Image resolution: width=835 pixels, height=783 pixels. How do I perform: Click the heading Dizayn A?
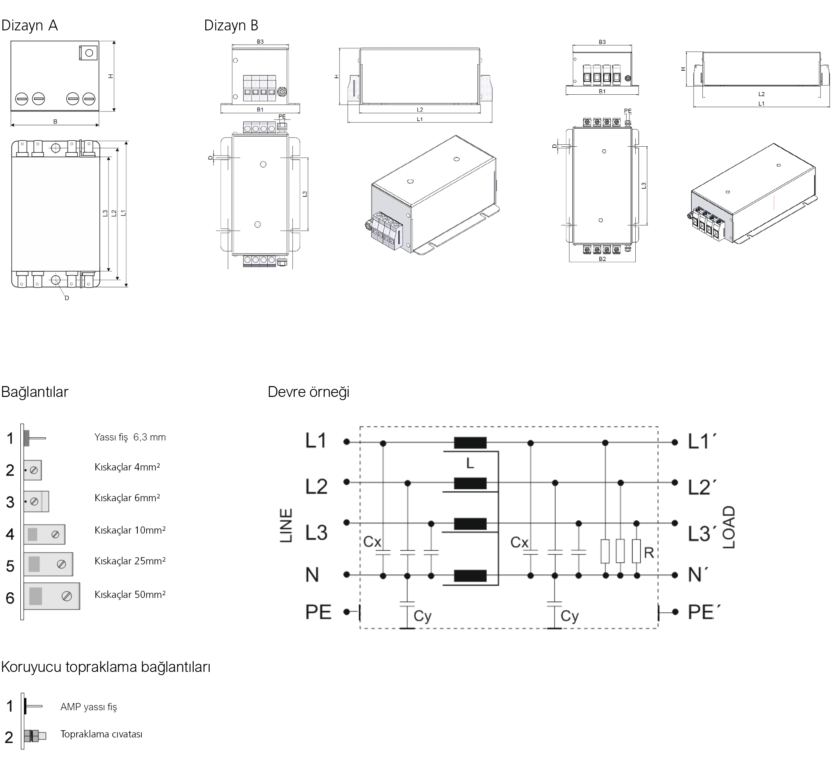30,26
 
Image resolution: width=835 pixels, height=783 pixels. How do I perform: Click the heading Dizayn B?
231,26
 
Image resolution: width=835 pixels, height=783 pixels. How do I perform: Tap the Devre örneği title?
308,392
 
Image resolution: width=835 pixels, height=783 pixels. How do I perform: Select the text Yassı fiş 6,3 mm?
130,437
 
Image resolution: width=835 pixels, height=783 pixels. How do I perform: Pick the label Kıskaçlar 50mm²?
130,594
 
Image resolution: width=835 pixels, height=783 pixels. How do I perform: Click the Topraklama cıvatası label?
101,734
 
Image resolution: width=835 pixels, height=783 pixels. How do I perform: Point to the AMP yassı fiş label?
89,707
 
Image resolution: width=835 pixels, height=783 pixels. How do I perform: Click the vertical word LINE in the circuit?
286,525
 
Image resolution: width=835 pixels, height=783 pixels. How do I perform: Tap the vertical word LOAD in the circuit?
729,527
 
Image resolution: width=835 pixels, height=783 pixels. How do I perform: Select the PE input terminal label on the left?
318,612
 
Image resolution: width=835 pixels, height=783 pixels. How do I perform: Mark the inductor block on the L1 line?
470,442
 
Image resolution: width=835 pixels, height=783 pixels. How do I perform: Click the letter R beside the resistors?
649,553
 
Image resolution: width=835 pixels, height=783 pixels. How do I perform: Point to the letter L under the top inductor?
470,464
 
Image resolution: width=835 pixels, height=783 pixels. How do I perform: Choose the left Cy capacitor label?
422,616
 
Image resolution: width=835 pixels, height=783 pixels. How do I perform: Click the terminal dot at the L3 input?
347,523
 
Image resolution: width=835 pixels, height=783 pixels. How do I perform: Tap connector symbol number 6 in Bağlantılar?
52,596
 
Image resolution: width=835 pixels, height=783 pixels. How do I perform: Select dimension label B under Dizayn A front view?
55,122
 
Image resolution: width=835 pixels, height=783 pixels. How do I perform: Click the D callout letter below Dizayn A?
67,298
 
